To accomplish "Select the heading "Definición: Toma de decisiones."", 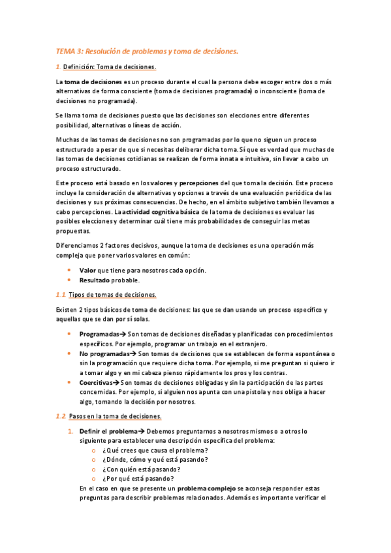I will tap(110, 67).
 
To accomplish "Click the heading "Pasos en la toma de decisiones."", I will tap(116, 416).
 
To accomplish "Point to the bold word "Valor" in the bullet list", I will tap(87, 270).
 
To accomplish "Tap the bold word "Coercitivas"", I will tap(96, 382).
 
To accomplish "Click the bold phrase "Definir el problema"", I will tap(107, 432).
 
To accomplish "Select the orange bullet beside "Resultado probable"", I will tap(69, 280).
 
